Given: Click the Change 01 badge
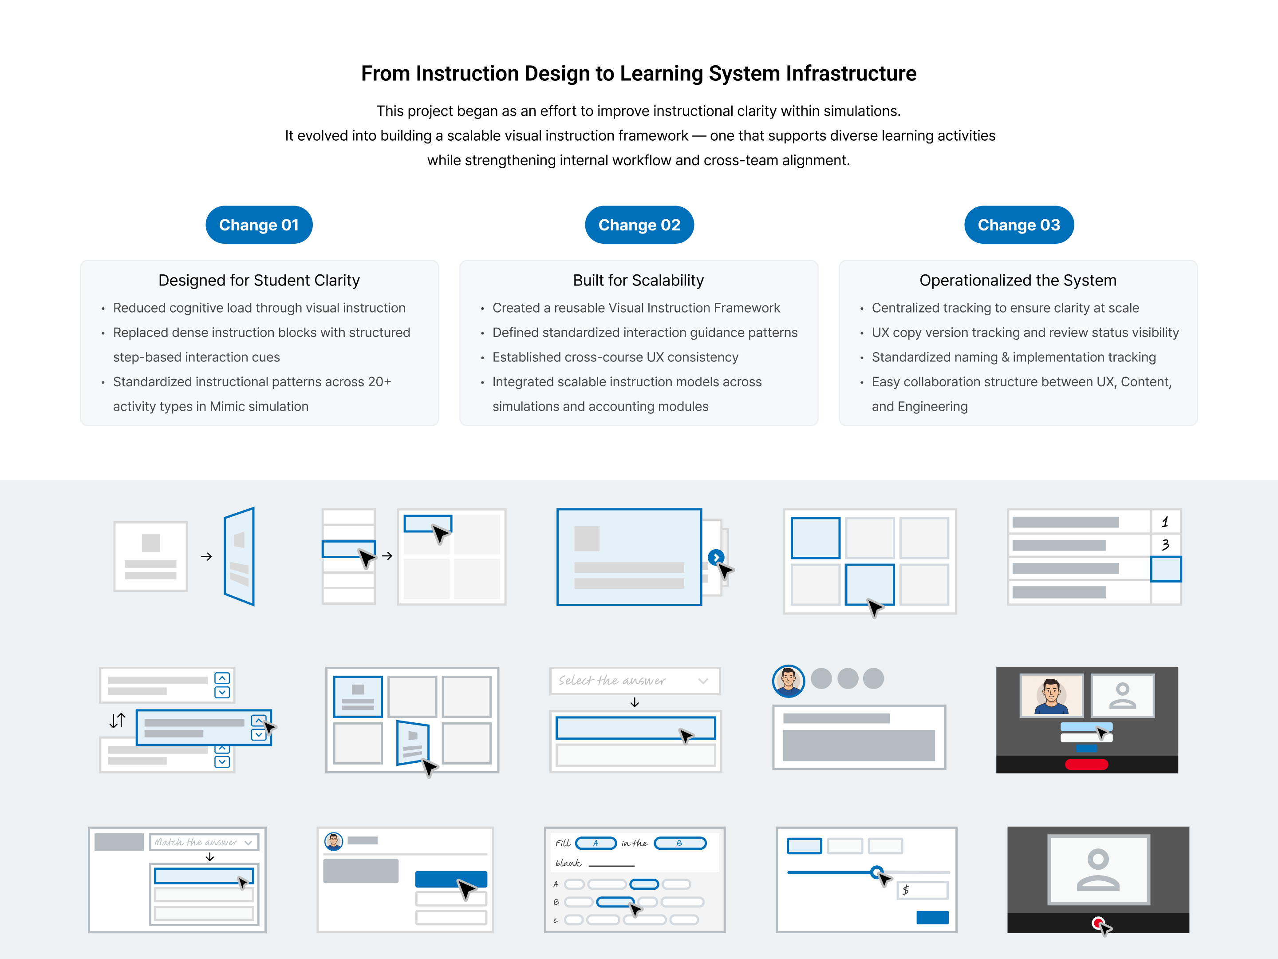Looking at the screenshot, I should tap(259, 225).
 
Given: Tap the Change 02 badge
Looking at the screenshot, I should tap(639, 225).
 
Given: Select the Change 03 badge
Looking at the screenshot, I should tap(1018, 225).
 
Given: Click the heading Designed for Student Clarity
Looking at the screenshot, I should tap(259, 280).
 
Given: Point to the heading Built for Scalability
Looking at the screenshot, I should tap(639, 280).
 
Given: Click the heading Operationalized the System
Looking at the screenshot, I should tap(1018, 280).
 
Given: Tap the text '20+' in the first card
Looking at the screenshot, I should tap(379, 382).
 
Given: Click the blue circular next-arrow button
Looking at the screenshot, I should tap(715, 557).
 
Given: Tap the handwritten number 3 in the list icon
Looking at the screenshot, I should tap(1165, 544).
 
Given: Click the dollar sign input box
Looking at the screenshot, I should tap(922, 890).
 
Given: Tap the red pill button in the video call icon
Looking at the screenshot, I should tap(1086, 764).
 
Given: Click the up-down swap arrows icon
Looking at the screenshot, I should tap(117, 720).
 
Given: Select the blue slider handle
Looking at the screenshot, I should tap(876, 872).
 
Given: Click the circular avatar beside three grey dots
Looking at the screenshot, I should tap(788, 680).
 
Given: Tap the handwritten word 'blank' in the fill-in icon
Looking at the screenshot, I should tap(568, 863).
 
